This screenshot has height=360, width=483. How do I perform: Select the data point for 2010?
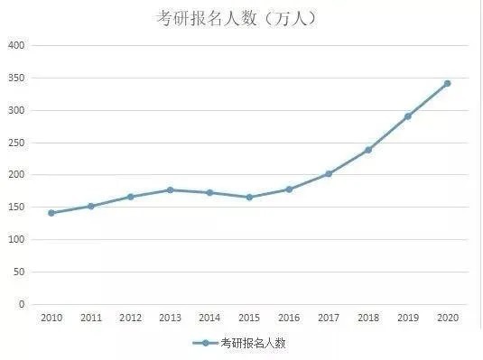click(51, 213)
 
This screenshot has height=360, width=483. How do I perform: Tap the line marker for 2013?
click(170, 189)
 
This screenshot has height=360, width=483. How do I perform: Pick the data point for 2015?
click(249, 197)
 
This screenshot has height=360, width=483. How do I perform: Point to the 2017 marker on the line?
click(329, 173)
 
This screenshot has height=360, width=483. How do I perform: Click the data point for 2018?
click(368, 150)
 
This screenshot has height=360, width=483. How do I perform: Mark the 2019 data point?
click(408, 116)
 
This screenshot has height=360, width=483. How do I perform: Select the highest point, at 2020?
click(448, 83)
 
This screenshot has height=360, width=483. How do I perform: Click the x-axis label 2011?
click(91, 318)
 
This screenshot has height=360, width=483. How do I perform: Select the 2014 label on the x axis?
click(209, 318)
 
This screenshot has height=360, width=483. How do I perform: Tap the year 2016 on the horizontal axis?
click(289, 318)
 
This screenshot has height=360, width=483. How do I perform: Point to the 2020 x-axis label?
click(448, 318)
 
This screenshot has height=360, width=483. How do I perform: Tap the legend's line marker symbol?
click(205, 344)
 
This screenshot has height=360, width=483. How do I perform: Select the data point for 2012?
click(130, 197)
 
